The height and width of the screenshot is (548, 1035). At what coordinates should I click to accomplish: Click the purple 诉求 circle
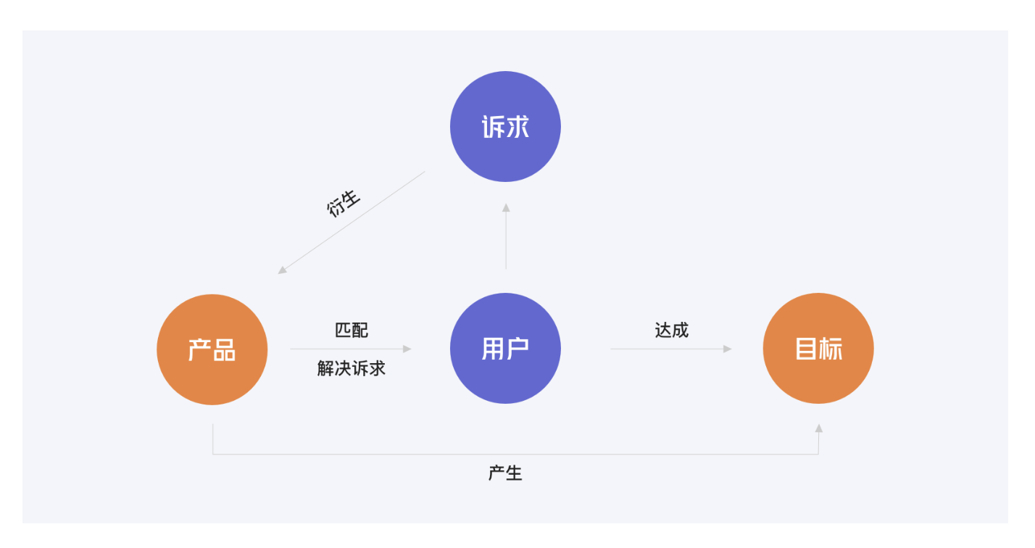click(505, 127)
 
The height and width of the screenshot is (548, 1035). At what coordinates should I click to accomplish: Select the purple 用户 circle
click(505, 349)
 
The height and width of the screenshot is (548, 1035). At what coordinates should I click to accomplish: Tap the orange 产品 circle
click(212, 350)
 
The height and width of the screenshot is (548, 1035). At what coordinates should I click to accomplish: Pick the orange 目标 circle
click(818, 349)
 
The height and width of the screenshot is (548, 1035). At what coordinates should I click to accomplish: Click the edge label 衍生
click(344, 203)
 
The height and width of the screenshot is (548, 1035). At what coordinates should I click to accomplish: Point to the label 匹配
click(351, 330)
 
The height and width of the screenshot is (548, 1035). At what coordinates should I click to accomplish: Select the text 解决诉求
click(351, 368)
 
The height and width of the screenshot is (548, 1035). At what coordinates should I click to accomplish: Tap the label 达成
click(671, 330)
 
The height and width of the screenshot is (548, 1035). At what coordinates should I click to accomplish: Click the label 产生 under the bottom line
click(505, 473)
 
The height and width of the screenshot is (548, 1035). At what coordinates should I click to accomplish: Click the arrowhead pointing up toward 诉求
click(506, 208)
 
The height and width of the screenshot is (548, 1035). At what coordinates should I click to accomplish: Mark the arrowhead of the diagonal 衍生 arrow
click(282, 270)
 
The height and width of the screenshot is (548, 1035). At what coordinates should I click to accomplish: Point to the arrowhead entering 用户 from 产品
click(407, 349)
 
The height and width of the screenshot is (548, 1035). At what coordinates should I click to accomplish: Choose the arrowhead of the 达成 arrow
click(727, 349)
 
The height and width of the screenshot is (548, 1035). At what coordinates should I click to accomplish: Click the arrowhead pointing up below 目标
click(819, 428)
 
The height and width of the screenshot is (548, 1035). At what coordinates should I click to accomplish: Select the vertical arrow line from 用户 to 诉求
click(506, 236)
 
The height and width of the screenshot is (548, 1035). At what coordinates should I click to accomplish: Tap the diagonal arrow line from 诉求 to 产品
click(351, 223)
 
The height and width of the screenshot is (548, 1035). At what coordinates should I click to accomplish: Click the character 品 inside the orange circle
click(225, 350)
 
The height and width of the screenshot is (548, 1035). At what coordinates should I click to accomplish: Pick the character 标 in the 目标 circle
click(831, 349)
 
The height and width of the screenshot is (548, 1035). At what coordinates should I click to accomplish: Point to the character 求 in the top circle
click(517, 127)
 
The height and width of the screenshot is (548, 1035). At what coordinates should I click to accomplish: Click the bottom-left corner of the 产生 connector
click(212, 454)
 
